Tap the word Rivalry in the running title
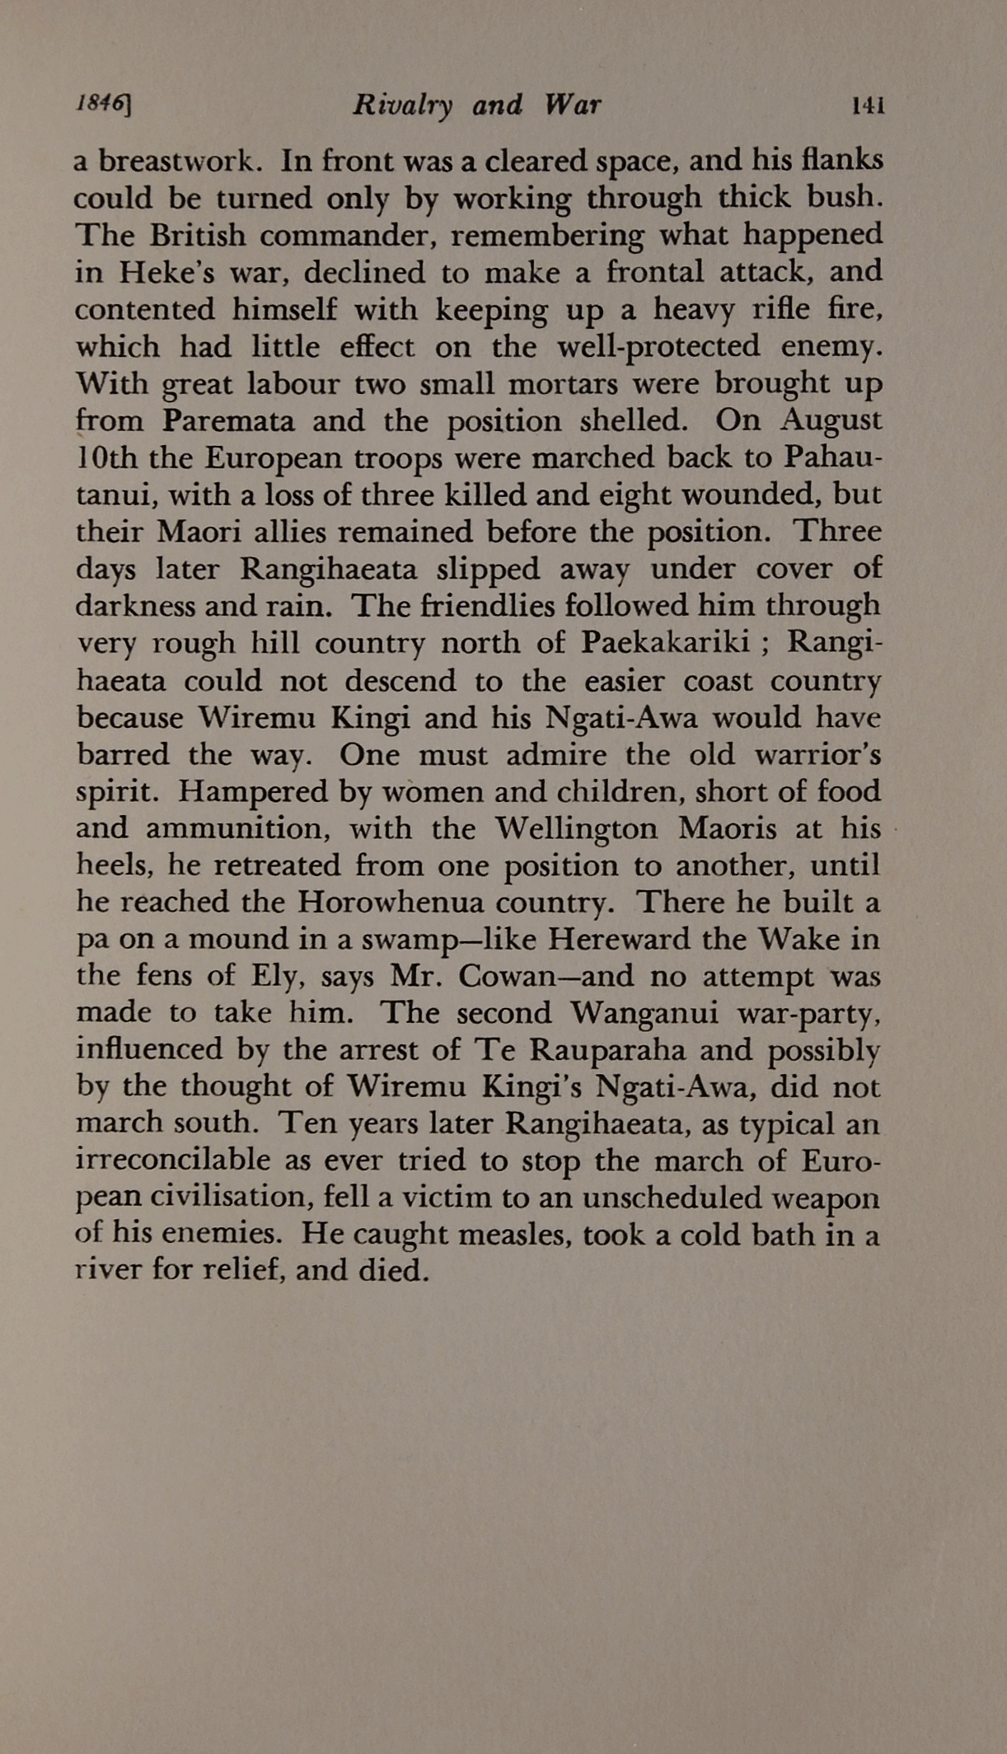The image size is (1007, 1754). tap(402, 106)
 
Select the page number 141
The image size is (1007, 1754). tap(869, 105)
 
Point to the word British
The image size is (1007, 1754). tap(197, 236)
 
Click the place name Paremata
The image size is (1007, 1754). tap(228, 421)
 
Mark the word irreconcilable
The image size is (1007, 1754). tap(173, 1161)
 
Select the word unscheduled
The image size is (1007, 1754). tap(667, 1198)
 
